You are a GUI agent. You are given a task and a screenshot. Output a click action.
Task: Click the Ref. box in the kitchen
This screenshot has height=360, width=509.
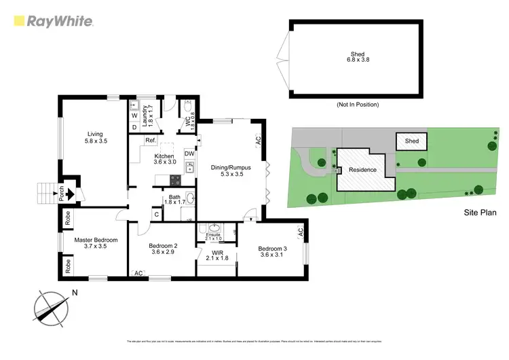(x=150, y=141)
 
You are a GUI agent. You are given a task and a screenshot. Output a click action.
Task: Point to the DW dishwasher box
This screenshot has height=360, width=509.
(x=189, y=154)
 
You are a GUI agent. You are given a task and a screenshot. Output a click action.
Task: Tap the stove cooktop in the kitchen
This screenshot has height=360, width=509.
(x=174, y=180)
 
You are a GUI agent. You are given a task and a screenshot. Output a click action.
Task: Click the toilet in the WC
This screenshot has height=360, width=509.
(x=187, y=106)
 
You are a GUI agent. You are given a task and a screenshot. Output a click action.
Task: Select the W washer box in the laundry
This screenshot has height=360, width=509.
(x=134, y=114)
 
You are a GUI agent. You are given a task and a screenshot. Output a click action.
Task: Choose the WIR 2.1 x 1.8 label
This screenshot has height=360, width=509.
(x=217, y=257)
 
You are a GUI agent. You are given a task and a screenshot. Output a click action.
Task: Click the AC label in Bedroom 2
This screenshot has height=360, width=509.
(x=138, y=273)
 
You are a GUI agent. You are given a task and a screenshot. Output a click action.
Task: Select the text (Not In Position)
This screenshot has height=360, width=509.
(x=358, y=105)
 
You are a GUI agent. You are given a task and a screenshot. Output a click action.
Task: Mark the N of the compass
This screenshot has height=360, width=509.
(x=75, y=293)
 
